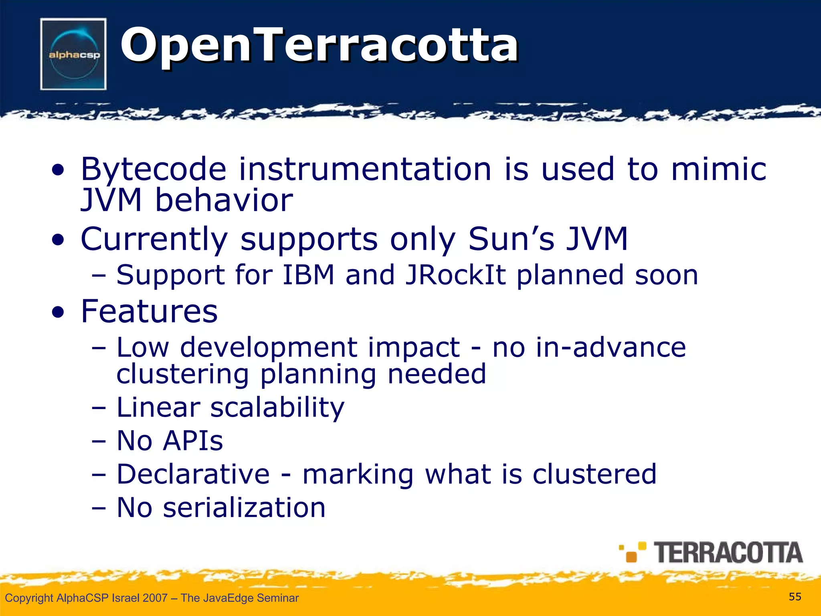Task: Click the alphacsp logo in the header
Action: [x=73, y=54]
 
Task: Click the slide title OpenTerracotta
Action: [x=319, y=45]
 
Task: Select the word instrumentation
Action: [x=365, y=169]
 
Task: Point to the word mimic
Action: [x=718, y=169]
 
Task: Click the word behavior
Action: [x=224, y=200]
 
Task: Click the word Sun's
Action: [x=512, y=239]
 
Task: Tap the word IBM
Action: [x=308, y=275]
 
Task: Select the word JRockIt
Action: [x=455, y=275]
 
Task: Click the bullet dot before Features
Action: [x=58, y=312]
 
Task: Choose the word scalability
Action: [x=277, y=408]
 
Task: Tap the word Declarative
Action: [x=193, y=474]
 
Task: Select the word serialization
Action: [x=244, y=508]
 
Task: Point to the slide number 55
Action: [x=795, y=597]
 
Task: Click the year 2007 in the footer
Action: [x=155, y=598]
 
